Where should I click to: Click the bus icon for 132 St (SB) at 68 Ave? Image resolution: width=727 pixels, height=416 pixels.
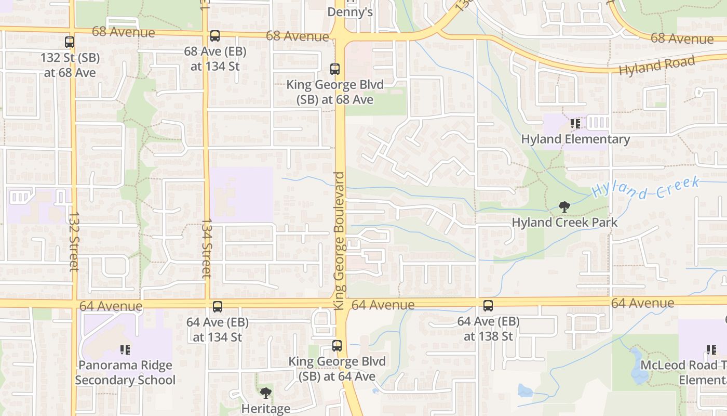coord(70,42)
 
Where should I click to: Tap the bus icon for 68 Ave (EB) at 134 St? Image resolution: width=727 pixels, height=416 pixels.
coord(214,36)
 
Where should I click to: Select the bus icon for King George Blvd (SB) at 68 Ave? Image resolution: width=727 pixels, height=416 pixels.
coord(335,69)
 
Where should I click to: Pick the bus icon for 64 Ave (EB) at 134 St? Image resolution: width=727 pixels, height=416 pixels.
coord(218,307)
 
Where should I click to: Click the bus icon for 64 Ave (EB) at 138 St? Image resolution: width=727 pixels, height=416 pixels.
coord(488,306)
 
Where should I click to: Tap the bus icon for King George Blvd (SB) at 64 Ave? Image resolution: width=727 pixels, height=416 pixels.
coord(337,346)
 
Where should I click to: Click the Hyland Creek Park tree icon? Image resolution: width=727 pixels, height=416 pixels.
coord(564,207)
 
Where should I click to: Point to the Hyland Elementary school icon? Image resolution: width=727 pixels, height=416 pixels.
coord(575,124)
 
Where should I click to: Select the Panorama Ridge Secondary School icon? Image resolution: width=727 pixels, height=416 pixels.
coord(125,350)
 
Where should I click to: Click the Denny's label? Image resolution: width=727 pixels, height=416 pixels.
coord(350,11)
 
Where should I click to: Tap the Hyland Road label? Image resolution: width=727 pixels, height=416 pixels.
coord(656,66)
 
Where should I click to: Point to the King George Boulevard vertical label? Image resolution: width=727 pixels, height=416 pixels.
coord(340,241)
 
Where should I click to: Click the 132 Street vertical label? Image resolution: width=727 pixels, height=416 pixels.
coord(74,241)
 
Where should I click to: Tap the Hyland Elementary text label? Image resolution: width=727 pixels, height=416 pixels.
coord(575,139)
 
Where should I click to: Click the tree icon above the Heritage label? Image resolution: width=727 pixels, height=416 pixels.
coord(266,393)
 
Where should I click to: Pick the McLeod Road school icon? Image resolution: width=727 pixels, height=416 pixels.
coord(711,350)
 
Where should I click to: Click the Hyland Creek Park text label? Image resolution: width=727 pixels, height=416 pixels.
coord(564,223)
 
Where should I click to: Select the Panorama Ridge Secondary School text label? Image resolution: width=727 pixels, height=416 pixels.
coord(125,372)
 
